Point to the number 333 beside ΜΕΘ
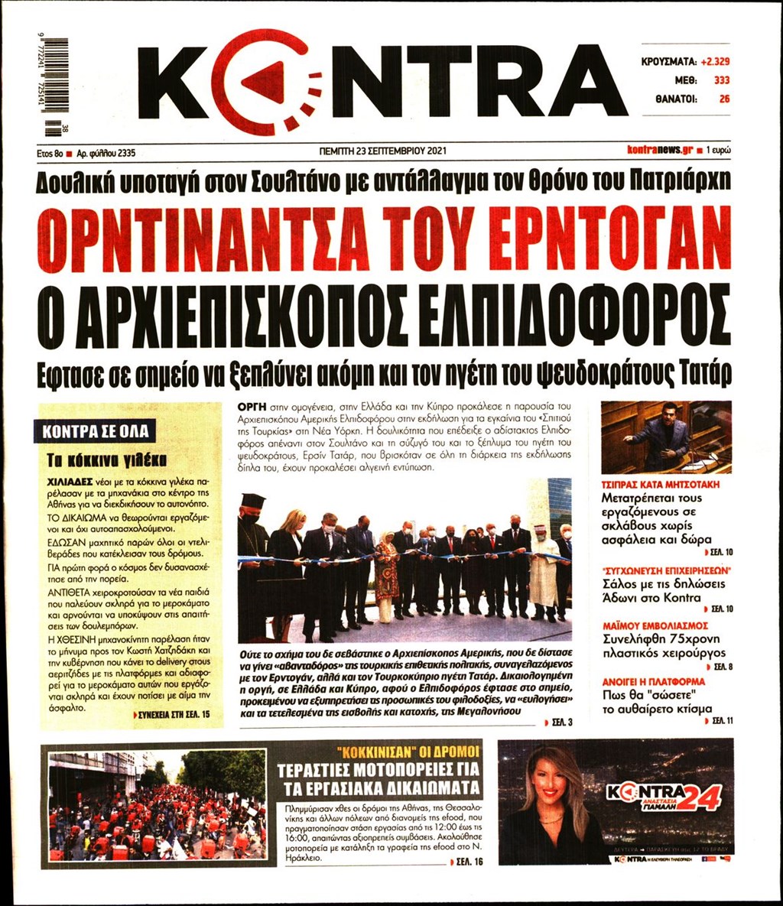pyautogui.click(x=721, y=80)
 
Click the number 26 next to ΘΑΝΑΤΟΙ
pyautogui.click(x=724, y=99)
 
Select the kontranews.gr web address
pyautogui.click(x=660, y=151)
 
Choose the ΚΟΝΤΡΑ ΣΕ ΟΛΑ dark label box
pyautogui.click(x=96, y=431)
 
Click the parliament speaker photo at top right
pyautogui.click(x=666, y=437)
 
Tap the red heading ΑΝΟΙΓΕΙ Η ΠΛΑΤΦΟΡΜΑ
pyautogui.click(x=653, y=680)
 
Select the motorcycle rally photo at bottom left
pyautogui.click(x=157, y=804)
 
